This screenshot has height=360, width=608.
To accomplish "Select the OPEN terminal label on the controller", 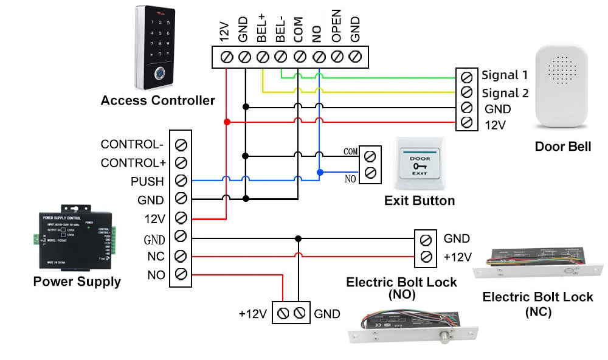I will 336,26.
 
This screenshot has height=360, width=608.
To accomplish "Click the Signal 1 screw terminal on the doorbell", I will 466,77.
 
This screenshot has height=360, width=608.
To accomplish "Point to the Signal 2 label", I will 505,93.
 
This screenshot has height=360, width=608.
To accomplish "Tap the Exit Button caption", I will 420,201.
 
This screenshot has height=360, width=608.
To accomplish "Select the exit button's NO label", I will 350,179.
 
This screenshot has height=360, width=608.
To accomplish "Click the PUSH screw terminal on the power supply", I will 181,181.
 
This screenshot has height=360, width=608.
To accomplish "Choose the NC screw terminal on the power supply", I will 181,255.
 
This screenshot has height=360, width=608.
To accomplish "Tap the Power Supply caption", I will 77,282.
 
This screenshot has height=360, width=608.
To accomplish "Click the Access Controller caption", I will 157,101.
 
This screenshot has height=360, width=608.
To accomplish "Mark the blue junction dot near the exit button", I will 319,172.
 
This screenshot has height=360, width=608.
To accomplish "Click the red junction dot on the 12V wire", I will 227,122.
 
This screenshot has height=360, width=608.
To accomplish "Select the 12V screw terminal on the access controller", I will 227,57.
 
